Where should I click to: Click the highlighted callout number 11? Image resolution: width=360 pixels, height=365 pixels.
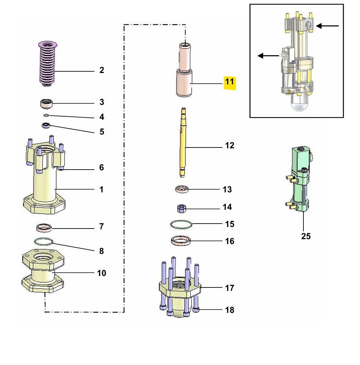click(x=229, y=82)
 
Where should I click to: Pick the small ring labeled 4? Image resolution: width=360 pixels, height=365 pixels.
click(x=46, y=115)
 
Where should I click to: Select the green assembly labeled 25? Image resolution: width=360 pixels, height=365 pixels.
click(x=300, y=179)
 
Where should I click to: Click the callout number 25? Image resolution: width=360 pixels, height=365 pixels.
click(x=306, y=236)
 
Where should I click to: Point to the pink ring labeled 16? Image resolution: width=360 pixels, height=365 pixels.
click(x=181, y=241)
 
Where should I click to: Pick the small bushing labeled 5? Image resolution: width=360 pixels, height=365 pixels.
click(x=46, y=125)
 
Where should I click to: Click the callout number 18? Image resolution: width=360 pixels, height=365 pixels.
click(x=229, y=310)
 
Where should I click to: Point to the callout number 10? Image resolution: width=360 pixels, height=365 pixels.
click(x=101, y=273)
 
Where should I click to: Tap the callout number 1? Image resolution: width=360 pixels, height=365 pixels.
click(x=101, y=189)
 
